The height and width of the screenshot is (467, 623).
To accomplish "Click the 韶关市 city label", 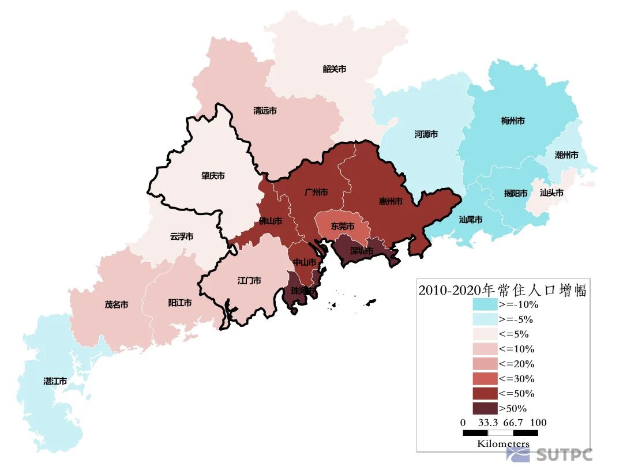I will point(335,69).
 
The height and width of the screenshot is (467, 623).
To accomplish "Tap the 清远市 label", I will point(265,111).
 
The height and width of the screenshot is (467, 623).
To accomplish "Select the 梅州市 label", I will point(513,121).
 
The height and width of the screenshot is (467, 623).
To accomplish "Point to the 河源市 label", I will point(426,134).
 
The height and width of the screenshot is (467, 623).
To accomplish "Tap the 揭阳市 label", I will point(516,194).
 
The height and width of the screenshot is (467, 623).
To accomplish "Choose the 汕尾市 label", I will point(471,220).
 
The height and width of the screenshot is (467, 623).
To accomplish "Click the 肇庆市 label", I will point(213,176).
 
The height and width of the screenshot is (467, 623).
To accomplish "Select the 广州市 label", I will point(316,192).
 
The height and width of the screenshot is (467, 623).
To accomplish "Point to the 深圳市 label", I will point(362,251).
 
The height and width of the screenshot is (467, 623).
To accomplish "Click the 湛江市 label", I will point(55,381).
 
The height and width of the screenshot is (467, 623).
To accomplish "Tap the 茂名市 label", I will point(117,305).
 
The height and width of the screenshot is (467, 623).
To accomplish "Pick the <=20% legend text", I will point(516,364).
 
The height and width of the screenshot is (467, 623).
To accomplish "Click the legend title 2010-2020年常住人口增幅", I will point(502,290).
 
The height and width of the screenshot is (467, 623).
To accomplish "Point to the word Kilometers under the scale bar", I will point(502,443).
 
